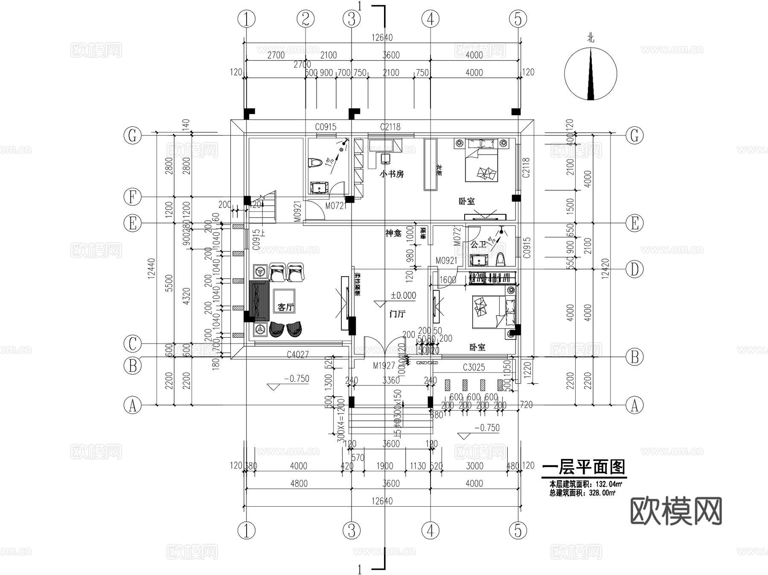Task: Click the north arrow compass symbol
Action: click(591, 74)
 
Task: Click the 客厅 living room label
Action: click(285, 307)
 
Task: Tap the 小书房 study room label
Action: click(391, 174)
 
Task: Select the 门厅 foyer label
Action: click(397, 314)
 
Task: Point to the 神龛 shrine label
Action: click(393, 233)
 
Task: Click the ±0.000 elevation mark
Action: click(403, 295)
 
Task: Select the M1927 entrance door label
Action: click(384, 366)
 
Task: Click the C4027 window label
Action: click(297, 354)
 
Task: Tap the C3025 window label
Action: click(474, 367)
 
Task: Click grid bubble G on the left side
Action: click(132, 136)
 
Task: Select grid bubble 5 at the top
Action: click(518, 19)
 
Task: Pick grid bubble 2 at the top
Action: click(305, 19)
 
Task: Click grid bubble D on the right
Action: click(634, 269)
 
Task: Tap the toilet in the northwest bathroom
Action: click(314, 163)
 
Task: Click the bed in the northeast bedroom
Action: click(482, 160)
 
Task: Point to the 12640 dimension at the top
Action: click(381, 38)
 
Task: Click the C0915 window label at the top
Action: click(326, 127)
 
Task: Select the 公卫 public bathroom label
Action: click(478, 245)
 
